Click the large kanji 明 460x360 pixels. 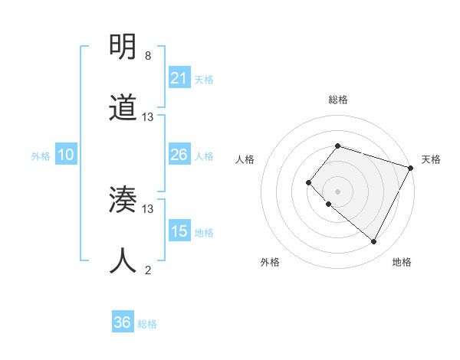(123, 47)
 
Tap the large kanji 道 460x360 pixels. (123, 109)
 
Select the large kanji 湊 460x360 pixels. (123, 201)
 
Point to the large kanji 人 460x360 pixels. (123, 261)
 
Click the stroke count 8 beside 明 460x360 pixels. (147, 56)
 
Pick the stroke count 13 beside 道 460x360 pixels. (148, 117)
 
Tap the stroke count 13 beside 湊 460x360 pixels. (148, 208)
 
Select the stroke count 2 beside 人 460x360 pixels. (147, 270)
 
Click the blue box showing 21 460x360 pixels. (179, 78)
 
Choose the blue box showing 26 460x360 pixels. (179, 155)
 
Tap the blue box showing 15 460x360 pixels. (179, 231)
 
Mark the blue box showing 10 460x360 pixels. (66, 155)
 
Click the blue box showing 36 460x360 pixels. (123, 322)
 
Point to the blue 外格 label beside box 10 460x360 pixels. (41, 156)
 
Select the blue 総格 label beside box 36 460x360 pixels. (147, 324)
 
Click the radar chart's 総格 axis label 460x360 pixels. (338, 100)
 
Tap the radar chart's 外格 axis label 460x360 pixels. (270, 262)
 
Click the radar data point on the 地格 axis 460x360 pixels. (374, 242)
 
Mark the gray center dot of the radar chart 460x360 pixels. (337, 191)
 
